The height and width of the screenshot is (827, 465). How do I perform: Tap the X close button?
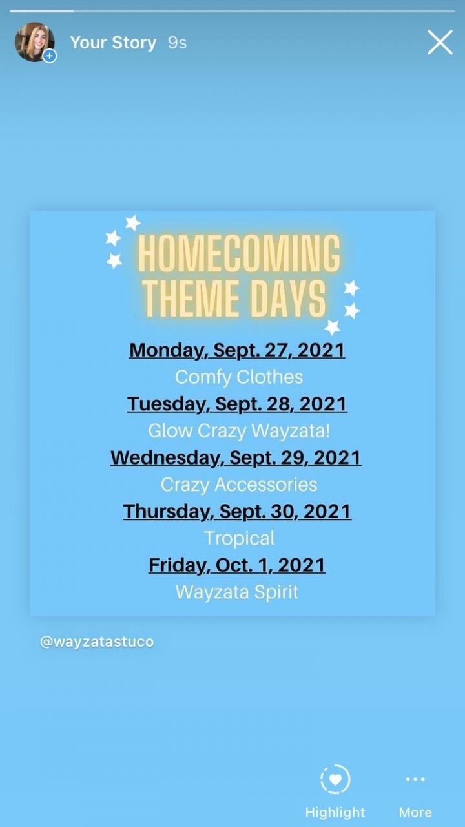(x=440, y=43)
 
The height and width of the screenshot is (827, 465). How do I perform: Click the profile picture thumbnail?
(x=35, y=42)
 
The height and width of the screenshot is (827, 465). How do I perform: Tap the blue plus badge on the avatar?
(x=50, y=56)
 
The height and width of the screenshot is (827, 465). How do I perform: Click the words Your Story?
(x=113, y=43)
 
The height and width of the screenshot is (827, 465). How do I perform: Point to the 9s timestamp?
(x=177, y=43)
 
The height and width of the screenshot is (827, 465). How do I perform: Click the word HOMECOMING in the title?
(x=239, y=254)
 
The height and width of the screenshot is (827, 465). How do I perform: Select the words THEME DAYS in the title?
(x=234, y=298)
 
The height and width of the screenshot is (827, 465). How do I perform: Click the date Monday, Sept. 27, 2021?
(x=237, y=350)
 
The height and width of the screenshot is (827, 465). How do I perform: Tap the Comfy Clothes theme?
(x=239, y=377)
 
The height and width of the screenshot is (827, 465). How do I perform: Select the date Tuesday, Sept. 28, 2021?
(x=237, y=404)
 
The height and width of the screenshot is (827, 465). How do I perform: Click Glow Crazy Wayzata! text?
(x=239, y=431)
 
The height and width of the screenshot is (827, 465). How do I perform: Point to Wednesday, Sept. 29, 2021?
(x=236, y=458)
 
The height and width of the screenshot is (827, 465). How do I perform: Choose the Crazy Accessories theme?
(x=239, y=485)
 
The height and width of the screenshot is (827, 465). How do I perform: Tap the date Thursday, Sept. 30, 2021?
(x=237, y=512)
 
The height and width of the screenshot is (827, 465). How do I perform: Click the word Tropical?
(x=239, y=538)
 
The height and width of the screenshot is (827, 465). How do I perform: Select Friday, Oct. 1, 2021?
(x=237, y=565)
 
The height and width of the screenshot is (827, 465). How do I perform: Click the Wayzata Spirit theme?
(x=236, y=592)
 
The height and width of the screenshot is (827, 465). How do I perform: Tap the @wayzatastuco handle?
(x=97, y=642)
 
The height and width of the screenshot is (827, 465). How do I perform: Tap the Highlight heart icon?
(x=335, y=779)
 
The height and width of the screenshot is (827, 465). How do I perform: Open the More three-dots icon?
(x=415, y=779)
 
